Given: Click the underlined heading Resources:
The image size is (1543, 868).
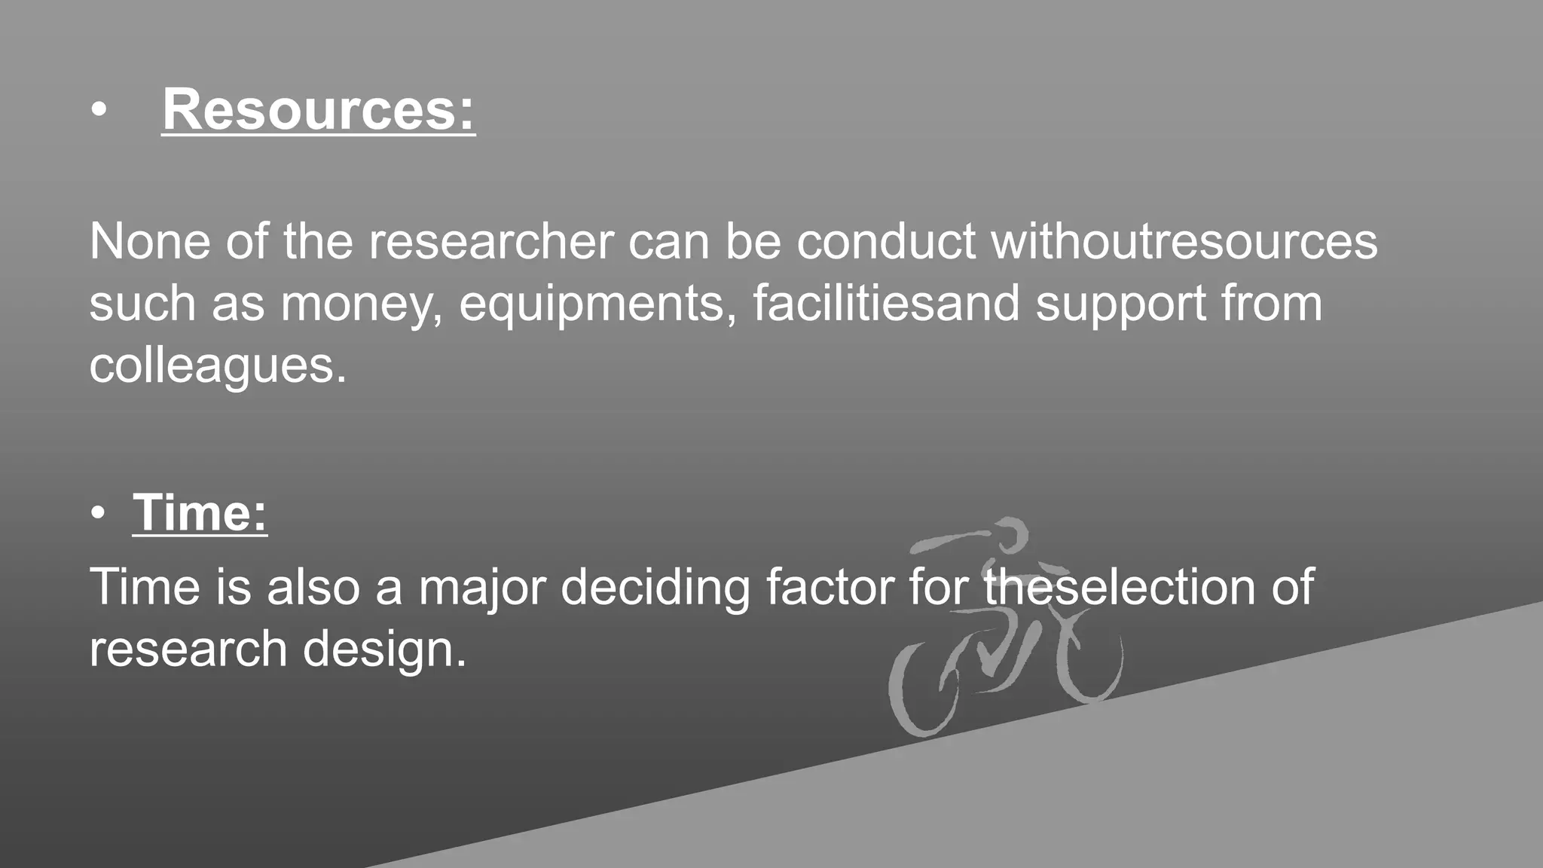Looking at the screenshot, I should (318, 110).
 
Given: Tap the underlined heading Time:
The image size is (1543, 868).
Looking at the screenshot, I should (200, 513).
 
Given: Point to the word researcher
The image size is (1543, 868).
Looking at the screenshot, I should (491, 242).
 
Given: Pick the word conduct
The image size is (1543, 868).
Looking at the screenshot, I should (886, 242).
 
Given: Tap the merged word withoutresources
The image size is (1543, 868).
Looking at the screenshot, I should (1184, 242).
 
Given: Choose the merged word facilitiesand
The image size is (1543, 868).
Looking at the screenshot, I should (886, 304).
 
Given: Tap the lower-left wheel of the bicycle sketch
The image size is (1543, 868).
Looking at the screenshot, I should (924, 689).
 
